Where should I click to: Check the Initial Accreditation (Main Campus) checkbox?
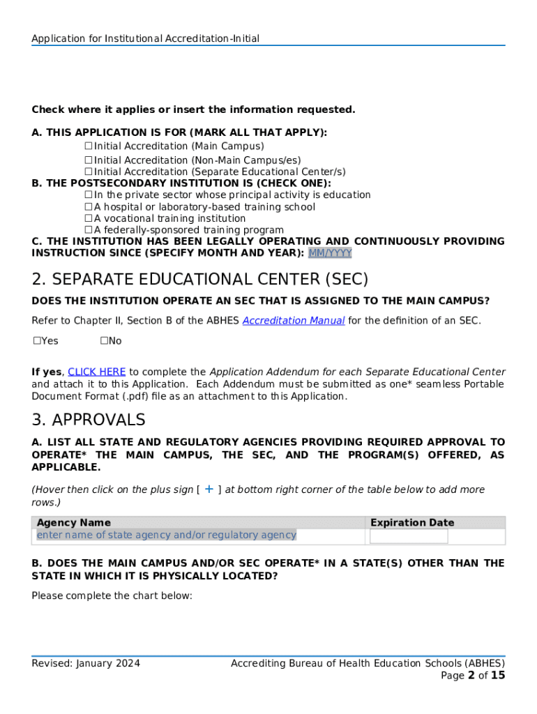point(89,146)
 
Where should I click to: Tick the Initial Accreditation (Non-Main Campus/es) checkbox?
point(89,160)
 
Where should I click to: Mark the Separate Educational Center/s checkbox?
point(89,172)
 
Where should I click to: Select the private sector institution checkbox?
point(89,195)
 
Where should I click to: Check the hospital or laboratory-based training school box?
point(89,207)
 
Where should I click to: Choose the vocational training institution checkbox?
point(89,219)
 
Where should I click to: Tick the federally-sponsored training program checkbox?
point(89,230)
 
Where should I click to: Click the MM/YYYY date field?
point(330,253)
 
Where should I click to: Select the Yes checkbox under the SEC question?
point(37,341)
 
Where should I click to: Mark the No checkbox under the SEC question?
point(104,341)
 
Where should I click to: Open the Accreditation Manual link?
point(293,321)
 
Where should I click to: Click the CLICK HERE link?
point(96,372)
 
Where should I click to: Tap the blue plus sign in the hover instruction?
point(209,489)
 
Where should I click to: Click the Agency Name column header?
point(73,522)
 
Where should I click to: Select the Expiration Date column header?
point(411,522)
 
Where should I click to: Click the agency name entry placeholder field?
point(166,535)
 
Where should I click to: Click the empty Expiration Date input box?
point(409,536)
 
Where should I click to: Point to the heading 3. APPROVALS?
point(89,420)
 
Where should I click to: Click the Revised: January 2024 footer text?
point(86,663)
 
